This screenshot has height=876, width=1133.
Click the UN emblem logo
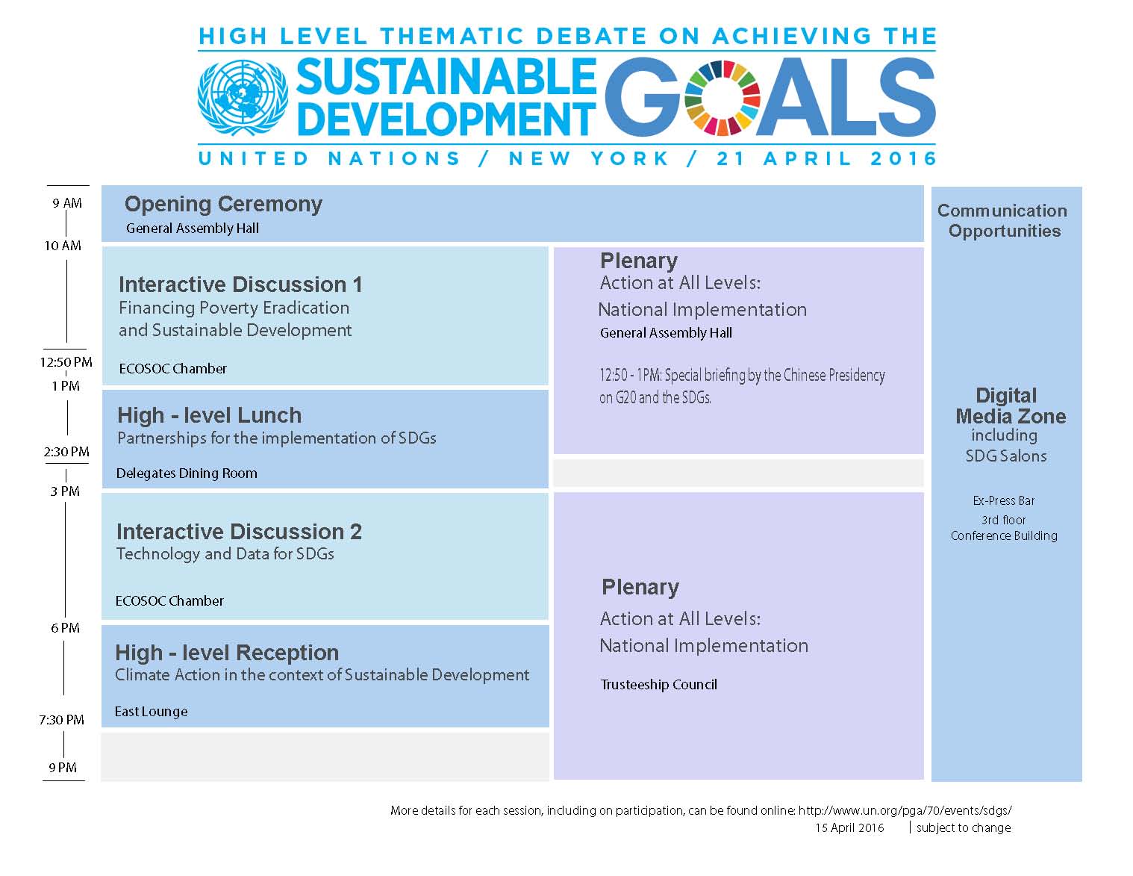[243, 98]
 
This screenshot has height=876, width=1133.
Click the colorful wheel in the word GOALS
[722, 98]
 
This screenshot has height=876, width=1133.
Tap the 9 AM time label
[67, 203]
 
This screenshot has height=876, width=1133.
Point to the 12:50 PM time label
[66, 362]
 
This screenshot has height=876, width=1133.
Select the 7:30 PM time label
[61, 720]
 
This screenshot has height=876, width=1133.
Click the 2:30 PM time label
[66, 452]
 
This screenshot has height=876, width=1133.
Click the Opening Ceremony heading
[223, 205]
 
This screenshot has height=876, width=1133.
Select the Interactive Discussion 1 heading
[240, 285]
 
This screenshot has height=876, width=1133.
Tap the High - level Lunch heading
[210, 416]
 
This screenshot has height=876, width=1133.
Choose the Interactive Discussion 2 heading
[239, 532]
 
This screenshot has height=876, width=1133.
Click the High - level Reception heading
[227, 653]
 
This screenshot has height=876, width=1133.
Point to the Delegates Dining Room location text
[187, 473]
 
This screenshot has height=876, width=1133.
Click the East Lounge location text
[152, 712]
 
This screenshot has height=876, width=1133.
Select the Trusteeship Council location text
[658, 685]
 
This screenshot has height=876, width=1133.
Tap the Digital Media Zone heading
[1010, 406]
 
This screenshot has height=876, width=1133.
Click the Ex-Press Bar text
[1004, 501]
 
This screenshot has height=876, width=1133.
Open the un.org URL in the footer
[905, 811]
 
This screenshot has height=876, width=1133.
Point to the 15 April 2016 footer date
[850, 828]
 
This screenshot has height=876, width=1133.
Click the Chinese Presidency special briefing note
[742, 387]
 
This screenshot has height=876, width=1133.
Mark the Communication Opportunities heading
[1002, 221]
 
